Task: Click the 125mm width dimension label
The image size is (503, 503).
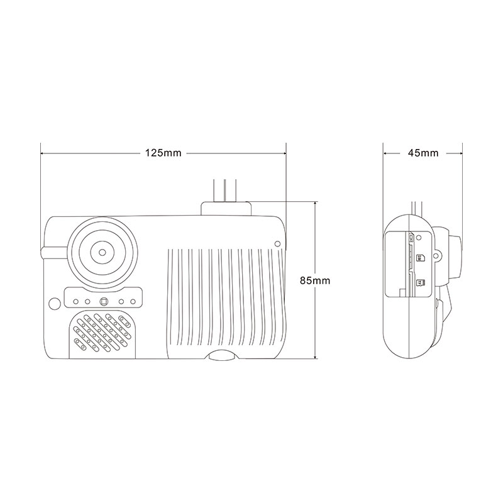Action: point(163,153)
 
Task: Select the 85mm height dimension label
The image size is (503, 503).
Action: point(315,280)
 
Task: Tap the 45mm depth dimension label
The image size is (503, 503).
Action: point(423,153)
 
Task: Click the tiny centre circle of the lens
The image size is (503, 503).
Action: point(102,252)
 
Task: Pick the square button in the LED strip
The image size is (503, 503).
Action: point(104,302)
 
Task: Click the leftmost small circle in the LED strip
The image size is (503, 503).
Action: point(76,302)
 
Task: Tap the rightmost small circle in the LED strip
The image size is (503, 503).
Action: point(133,302)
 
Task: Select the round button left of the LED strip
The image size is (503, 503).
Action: point(55,303)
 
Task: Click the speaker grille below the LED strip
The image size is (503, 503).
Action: point(102,334)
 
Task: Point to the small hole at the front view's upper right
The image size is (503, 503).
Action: point(278,244)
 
